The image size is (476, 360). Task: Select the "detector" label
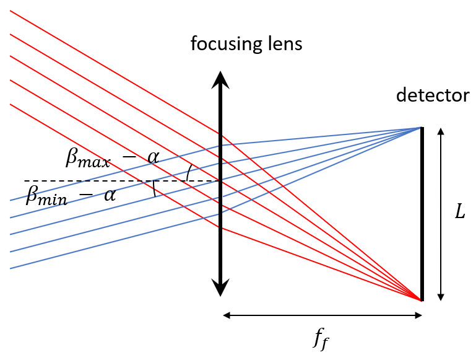433,96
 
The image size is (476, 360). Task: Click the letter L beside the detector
459,213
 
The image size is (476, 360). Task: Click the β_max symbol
88,158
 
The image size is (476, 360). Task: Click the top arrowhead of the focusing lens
220,79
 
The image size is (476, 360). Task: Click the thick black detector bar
422,214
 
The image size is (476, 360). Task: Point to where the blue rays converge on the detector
420,128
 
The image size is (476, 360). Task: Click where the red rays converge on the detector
420,299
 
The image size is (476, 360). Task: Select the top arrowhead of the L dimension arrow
440,131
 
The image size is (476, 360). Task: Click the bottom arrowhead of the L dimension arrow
440,297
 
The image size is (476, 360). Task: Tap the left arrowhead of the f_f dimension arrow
226,315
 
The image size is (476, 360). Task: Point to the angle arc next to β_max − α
188,173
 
